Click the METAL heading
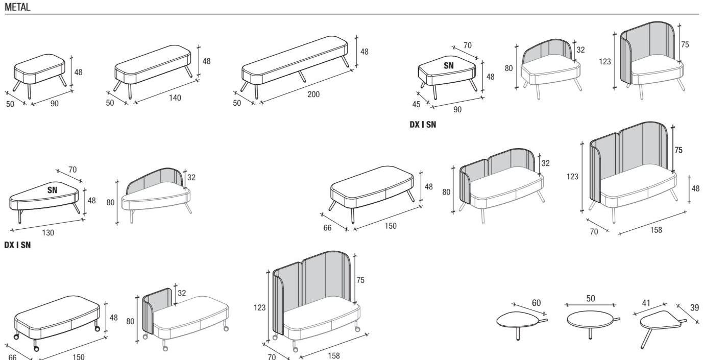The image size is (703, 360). [x=17, y=7]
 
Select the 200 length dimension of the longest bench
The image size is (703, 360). [x=313, y=94]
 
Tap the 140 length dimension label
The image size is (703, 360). [x=175, y=98]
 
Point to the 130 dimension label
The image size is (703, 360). [x=48, y=232]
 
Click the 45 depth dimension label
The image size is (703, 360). [x=416, y=104]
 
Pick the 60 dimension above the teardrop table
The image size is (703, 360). [x=536, y=303]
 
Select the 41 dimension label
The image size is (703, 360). [x=646, y=303]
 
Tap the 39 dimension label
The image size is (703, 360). [x=694, y=307]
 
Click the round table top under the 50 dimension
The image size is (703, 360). [x=589, y=320]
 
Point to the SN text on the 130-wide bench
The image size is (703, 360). [x=53, y=190]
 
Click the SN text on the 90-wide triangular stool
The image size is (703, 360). [x=448, y=65]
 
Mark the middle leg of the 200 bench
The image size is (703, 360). [x=302, y=76]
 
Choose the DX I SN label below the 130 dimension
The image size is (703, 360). [x=17, y=245]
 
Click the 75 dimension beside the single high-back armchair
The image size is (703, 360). [x=685, y=44]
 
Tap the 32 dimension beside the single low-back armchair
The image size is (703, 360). [x=580, y=50]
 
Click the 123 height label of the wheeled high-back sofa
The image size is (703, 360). [x=260, y=307]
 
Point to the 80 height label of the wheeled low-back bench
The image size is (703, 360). [x=130, y=321]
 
